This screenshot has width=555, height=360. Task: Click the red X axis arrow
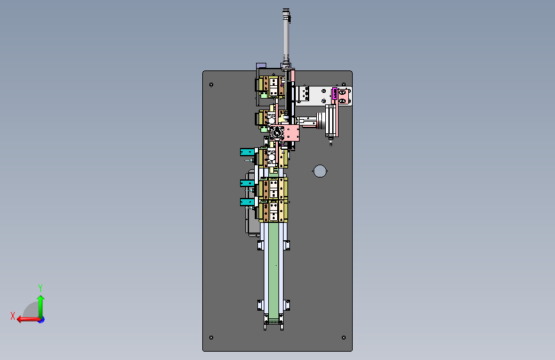point(29,320)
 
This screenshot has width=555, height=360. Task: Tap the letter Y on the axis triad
point(40,288)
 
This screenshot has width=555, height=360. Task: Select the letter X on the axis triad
point(13,316)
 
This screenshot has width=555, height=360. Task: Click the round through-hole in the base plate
point(320,171)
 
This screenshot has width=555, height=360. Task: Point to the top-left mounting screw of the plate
point(211,85)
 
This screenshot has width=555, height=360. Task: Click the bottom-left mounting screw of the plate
point(211,338)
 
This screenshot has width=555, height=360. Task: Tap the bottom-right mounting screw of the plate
point(344,338)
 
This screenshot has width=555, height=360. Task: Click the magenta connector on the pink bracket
point(335,94)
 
